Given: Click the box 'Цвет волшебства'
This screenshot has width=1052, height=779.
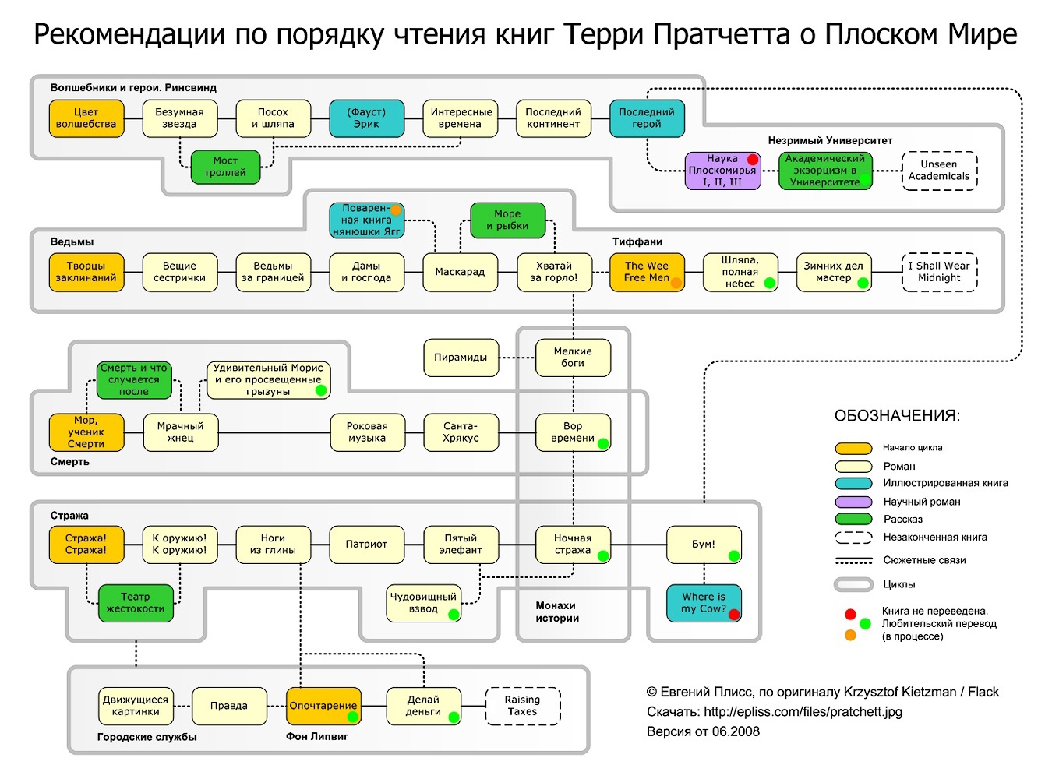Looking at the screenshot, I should [x=86, y=118].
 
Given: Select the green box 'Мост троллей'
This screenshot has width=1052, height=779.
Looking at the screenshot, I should [x=225, y=167].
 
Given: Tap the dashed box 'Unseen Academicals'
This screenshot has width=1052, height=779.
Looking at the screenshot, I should [x=939, y=171].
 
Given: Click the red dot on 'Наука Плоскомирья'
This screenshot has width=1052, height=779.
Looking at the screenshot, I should [x=752, y=160].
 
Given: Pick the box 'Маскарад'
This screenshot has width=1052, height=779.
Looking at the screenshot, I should [x=460, y=272].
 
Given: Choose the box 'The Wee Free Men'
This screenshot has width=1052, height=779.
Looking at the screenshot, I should [x=646, y=272].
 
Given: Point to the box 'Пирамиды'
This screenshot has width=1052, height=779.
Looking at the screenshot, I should [x=460, y=358].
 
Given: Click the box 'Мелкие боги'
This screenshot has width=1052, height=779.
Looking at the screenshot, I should [x=573, y=358].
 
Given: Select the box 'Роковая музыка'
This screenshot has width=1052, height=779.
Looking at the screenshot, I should [x=367, y=432].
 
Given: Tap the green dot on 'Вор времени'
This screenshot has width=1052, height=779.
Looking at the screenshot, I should [x=602, y=442].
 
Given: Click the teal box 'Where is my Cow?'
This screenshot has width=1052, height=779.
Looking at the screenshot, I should [x=703, y=602].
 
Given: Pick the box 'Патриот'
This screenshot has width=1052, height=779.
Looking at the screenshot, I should [x=366, y=544].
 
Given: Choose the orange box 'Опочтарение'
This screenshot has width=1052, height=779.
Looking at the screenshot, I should [x=323, y=706].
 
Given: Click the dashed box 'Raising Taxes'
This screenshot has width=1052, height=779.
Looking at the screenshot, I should [x=522, y=706].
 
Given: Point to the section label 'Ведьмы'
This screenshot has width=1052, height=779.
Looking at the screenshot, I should [x=72, y=242].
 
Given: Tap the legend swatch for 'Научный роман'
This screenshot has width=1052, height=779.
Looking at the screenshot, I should [x=853, y=502].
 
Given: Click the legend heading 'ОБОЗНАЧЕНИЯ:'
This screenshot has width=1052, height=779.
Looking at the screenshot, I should [x=897, y=416].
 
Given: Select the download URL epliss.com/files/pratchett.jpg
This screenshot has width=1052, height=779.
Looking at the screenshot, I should [x=803, y=711].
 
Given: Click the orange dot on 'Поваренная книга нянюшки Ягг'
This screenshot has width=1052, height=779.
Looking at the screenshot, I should [x=396, y=210].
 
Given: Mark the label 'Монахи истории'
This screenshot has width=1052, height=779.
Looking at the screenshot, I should [x=556, y=612].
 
